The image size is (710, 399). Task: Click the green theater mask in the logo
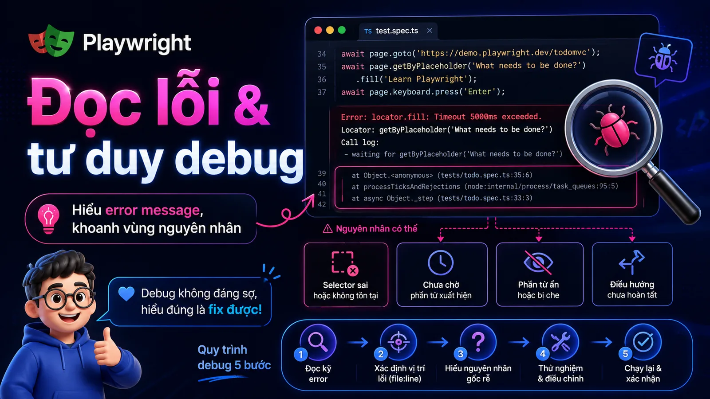pyautogui.click(x=59, y=40)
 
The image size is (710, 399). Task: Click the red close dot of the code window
pyautogui.click(x=318, y=30)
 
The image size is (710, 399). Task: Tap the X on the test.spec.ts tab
pyautogui.click(x=430, y=31)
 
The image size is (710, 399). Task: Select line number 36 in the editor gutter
pyautogui.click(x=322, y=79)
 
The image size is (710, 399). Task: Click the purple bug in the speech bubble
pyautogui.click(x=663, y=58)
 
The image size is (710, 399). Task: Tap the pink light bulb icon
pyautogui.click(x=48, y=219)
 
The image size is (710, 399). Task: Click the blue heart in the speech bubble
pyautogui.click(x=126, y=293)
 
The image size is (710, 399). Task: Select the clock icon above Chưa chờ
pyautogui.click(x=441, y=262)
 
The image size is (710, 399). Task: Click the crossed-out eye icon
pyautogui.click(x=538, y=262)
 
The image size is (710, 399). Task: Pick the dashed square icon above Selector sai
pyautogui.click(x=344, y=262)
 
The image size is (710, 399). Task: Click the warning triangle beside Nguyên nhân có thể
pyautogui.click(x=327, y=229)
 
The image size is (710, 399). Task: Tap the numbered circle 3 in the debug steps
pyautogui.click(x=461, y=353)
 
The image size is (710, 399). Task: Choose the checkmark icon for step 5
pyautogui.click(x=643, y=342)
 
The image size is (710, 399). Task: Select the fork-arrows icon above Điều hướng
pyautogui.click(x=632, y=262)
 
